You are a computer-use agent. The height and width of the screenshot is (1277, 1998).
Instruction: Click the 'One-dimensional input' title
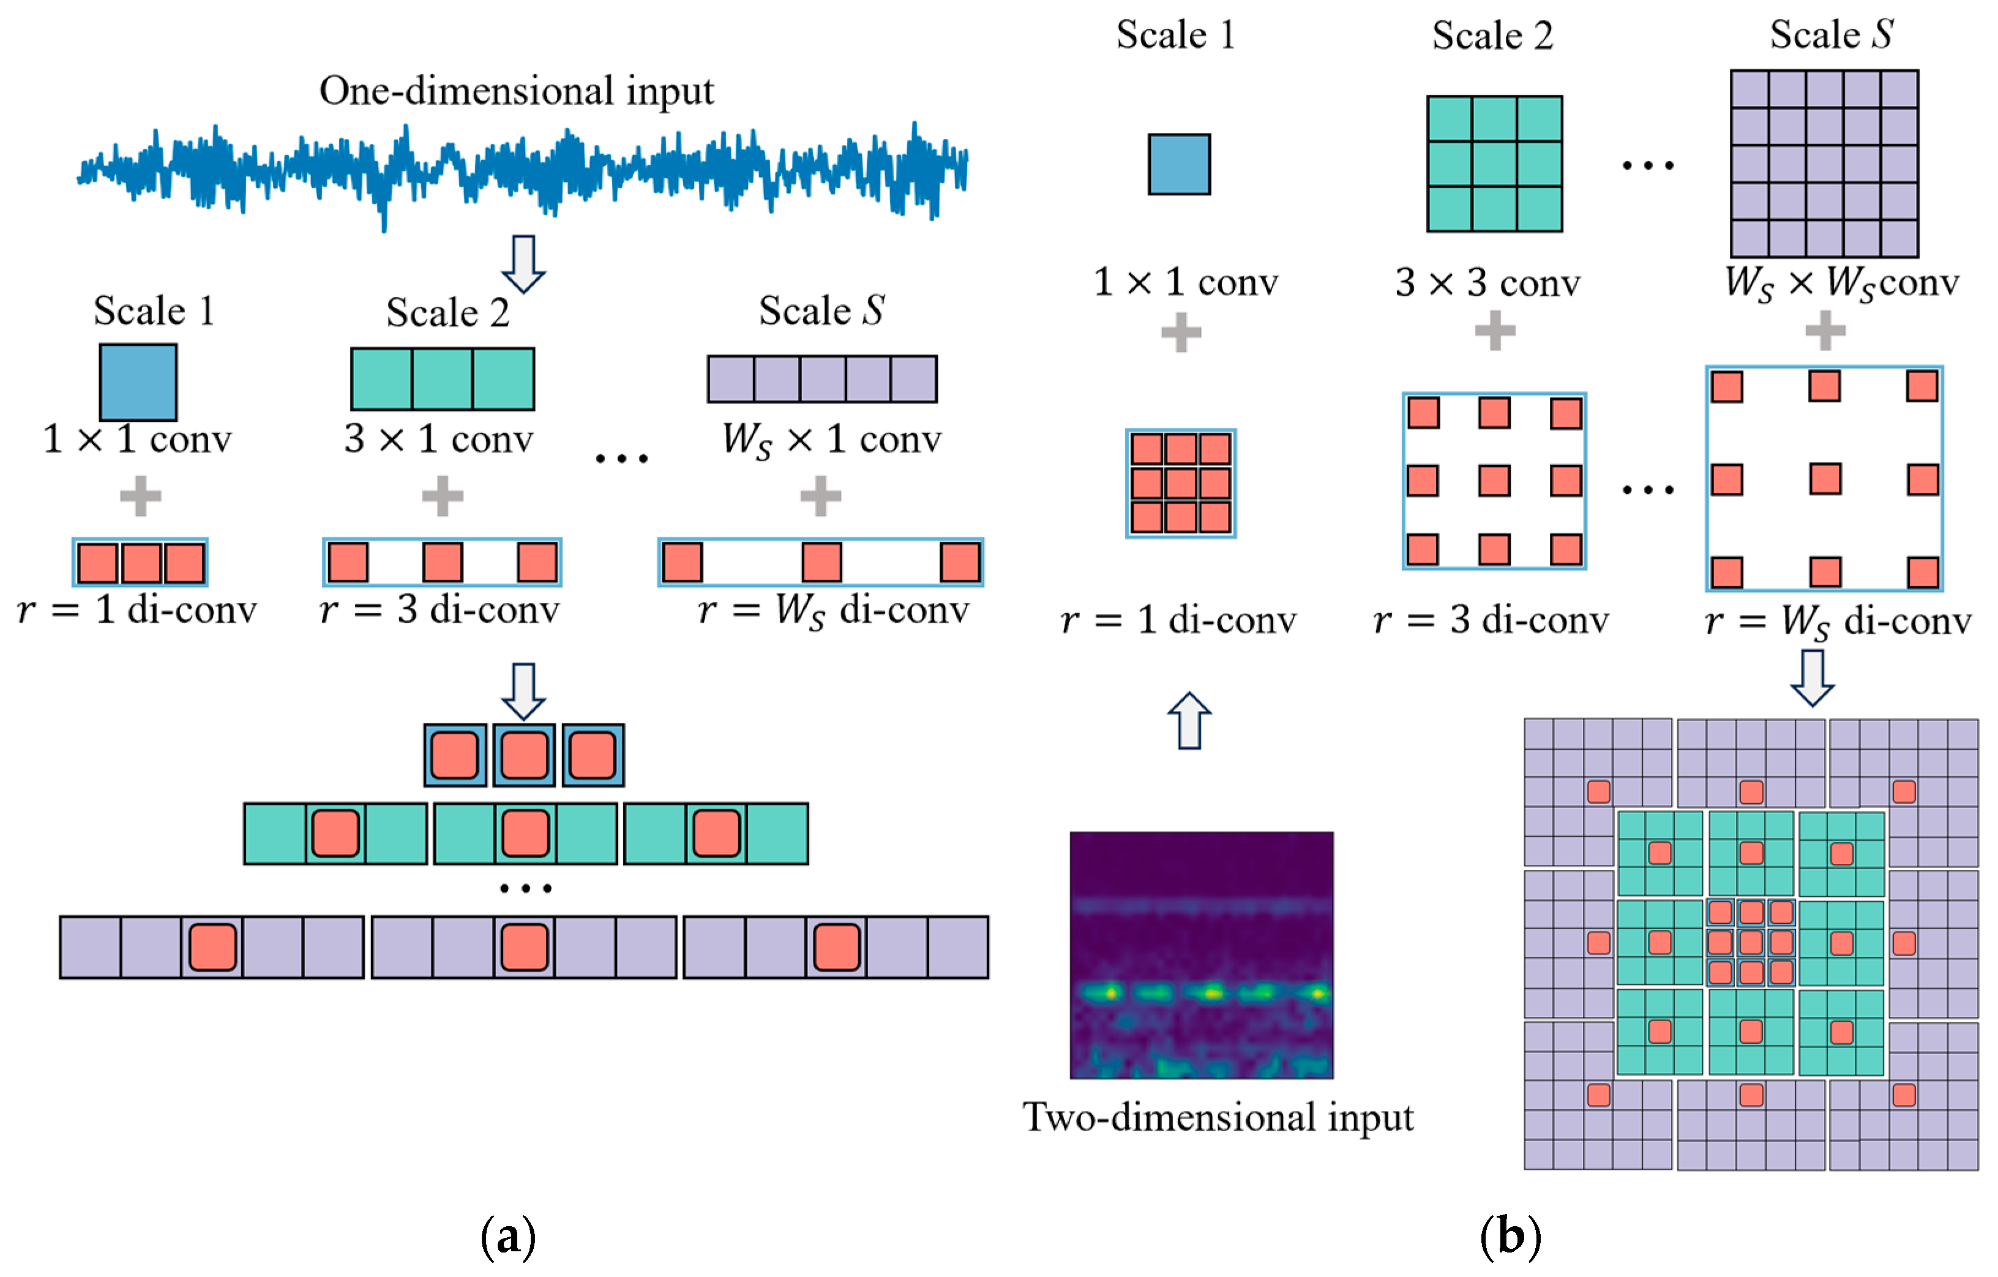(x=516, y=91)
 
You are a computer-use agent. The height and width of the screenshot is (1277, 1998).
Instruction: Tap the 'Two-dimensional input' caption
(x=1217, y=1117)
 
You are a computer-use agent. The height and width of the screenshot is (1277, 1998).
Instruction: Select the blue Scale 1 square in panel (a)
(x=138, y=381)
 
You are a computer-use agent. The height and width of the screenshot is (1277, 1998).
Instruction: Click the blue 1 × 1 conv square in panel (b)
(x=1179, y=164)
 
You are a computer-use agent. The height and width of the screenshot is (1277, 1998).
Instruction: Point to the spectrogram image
(x=1202, y=955)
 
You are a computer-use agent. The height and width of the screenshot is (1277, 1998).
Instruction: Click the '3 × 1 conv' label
(x=438, y=439)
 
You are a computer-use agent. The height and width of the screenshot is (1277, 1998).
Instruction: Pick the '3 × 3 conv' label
(x=1487, y=283)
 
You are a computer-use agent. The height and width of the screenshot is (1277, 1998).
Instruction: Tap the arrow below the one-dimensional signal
(x=523, y=264)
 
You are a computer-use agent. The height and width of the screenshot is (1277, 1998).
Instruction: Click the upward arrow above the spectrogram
(x=1189, y=721)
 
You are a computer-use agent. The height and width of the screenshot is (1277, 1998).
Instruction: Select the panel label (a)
(x=508, y=1237)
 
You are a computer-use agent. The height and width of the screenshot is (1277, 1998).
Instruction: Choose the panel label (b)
(x=1510, y=1237)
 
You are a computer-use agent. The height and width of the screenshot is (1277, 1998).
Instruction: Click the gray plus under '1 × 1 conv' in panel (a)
(x=140, y=496)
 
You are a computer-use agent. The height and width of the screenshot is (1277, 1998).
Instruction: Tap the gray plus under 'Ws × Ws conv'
(x=1825, y=331)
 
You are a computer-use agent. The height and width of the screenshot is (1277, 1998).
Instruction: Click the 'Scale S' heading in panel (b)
(x=1832, y=35)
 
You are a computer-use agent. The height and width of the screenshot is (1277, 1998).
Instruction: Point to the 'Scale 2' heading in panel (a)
(x=447, y=313)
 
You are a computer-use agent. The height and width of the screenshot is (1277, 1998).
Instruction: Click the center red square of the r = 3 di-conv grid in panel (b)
(x=1494, y=481)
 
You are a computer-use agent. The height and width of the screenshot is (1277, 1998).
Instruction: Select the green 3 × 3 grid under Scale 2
(x=1494, y=163)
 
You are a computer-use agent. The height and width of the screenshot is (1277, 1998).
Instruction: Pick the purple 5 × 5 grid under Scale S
(x=1824, y=163)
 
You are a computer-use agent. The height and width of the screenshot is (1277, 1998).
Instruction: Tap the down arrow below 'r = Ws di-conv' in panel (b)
(x=1812, y=677)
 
